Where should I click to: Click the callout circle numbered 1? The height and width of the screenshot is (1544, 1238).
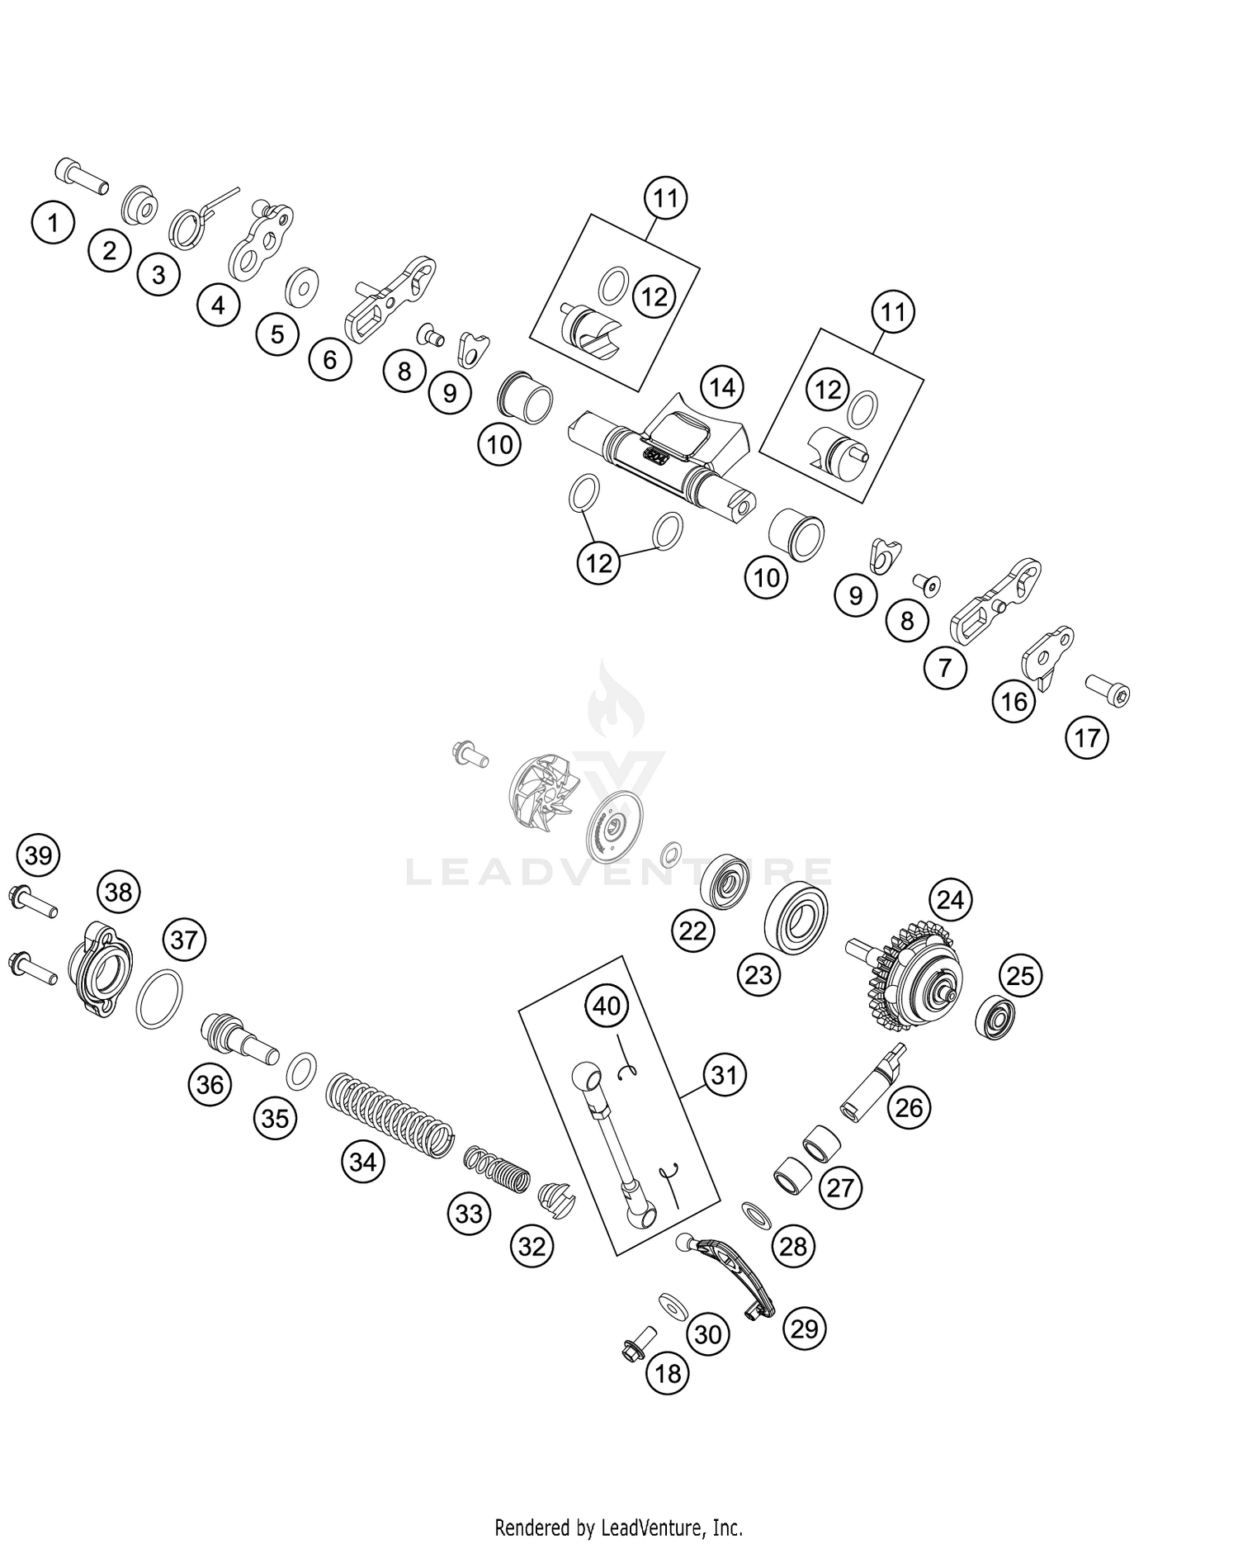54,223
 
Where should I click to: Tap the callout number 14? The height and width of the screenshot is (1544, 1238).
722,386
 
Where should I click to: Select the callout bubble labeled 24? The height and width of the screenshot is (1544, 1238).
950,900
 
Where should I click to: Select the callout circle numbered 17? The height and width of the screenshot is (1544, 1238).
1087,736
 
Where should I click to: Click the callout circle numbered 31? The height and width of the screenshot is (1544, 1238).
724,1075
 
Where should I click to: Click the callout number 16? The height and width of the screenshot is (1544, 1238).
1014,701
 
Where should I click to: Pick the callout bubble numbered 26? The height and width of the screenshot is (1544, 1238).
909,1107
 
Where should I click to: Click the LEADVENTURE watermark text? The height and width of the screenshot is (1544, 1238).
619,872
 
